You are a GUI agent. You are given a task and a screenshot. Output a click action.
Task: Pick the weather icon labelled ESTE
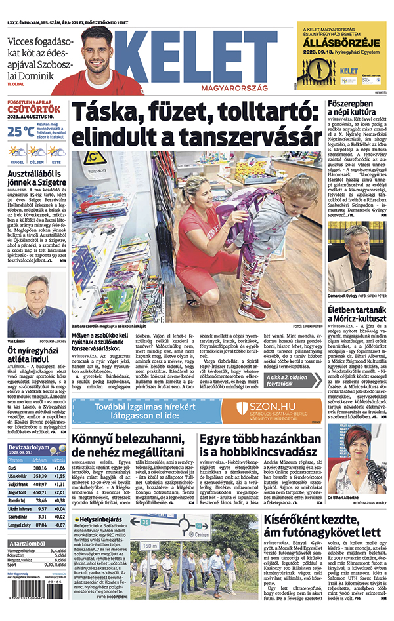tap(56, 152)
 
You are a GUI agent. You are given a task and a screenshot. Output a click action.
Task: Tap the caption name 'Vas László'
tap(18, 341)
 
